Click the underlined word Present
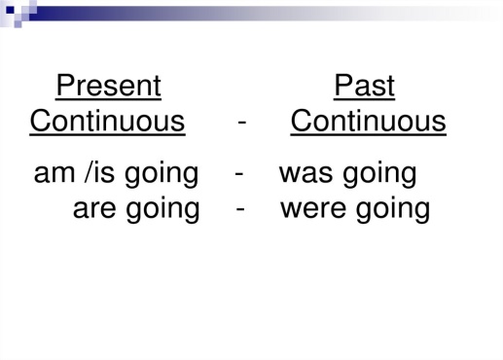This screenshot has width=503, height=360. [108, 85]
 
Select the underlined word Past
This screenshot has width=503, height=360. [364, 85]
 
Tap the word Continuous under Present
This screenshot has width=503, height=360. [107, 121]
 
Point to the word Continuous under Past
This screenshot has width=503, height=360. [368, 121]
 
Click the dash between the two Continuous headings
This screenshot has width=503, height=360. [242, 123]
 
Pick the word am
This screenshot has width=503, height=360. [54, 173]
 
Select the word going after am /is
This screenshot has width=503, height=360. [162, 175]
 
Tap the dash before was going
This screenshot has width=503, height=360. [239, 174]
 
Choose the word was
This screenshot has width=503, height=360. [305, 174]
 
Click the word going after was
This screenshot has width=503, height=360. [379, 175]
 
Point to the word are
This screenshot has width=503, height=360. [94, 209]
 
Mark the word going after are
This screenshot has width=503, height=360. [162, 210]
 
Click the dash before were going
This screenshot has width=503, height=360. [240, 209]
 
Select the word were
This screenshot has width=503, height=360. [313, 209]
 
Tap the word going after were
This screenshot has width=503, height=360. [393, 210]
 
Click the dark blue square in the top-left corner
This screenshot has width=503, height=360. [10, 10]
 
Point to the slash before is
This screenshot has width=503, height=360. [87, 172]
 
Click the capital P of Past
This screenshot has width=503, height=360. [343, 85]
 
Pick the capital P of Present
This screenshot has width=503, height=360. [66, 85]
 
